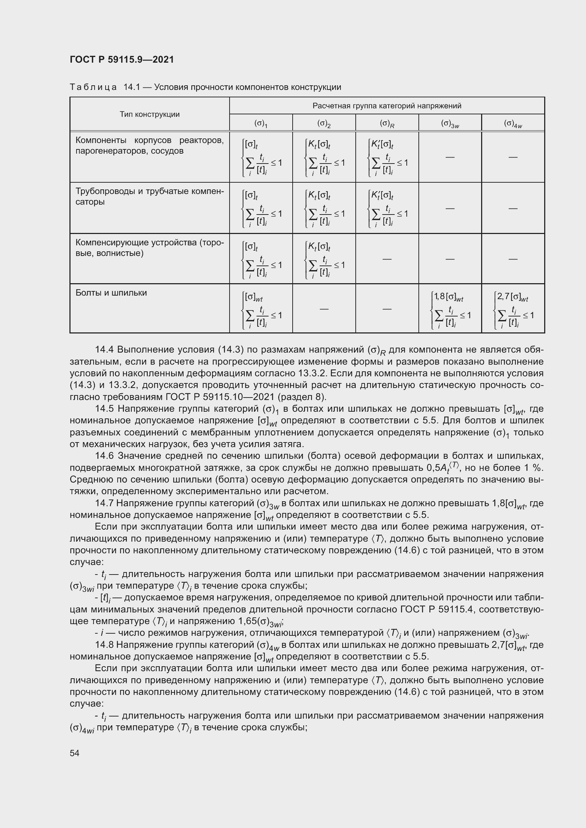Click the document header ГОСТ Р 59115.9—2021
pos(122,59)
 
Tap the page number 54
pos(74,753)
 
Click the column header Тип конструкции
pos(150,114)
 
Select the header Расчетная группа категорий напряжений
pos(387,105)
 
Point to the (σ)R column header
pos(387,123)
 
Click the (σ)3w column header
pos(450,123)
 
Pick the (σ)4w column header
pos(513,123)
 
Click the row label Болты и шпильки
pos(111,292)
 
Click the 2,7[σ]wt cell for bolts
pos(513,309)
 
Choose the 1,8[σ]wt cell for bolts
pos(450,309)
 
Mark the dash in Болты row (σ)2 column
pos(324,309)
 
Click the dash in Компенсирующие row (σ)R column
pos(387,259)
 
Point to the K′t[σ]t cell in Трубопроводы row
pos(387,209)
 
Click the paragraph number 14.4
pos(104,349)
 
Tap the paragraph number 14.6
pos(104,456)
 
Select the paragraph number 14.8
pos(104,644)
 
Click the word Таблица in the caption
pos(93,87)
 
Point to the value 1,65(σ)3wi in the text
pos(260,622)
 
